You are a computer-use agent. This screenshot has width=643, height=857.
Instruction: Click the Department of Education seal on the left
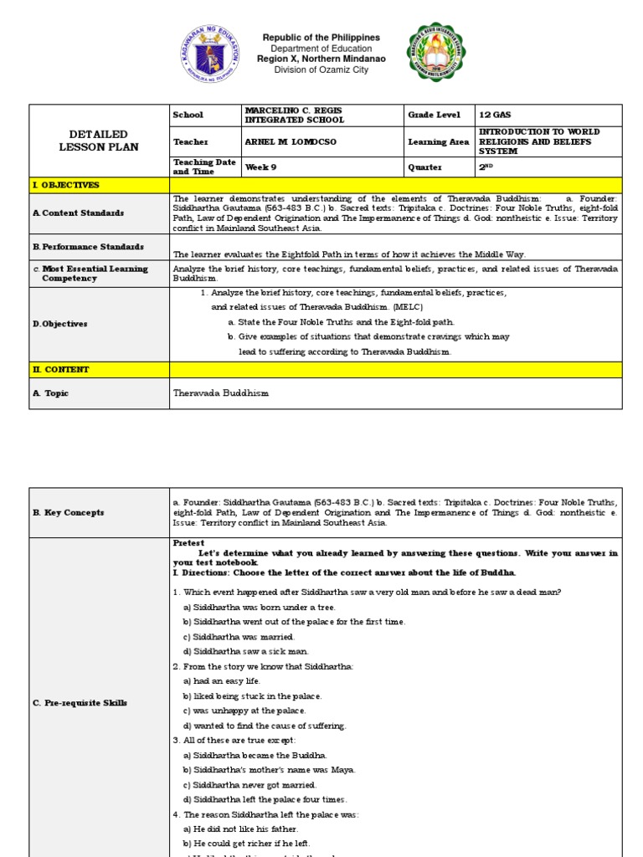point(210,54)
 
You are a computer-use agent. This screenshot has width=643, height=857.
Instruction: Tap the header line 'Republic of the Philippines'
point(321,38)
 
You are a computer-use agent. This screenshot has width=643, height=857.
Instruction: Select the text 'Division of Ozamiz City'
point(321,70)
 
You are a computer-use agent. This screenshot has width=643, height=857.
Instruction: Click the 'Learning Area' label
point(438,142)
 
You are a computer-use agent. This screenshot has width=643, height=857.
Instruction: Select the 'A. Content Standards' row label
point(79,213)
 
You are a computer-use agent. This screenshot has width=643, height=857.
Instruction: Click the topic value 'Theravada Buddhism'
point(221,393)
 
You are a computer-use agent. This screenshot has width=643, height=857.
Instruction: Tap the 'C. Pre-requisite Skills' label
point(80,703)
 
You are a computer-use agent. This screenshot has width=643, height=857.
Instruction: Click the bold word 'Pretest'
point(188,543)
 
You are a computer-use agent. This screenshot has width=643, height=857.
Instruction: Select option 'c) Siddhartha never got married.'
point(249,785)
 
